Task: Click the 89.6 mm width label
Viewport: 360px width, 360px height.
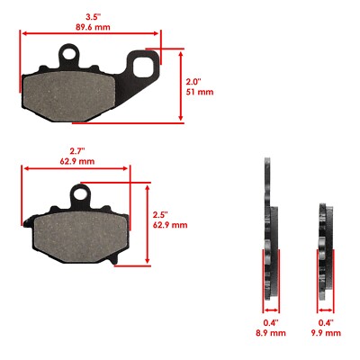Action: tap(92, 28)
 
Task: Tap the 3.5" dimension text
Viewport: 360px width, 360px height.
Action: tap(92, 15)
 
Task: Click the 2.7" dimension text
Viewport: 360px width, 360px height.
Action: tap(78, 150)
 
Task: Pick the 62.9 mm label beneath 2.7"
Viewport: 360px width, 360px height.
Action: tap(78, 162)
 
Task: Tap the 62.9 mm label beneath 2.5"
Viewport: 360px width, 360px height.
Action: tap(169, 226)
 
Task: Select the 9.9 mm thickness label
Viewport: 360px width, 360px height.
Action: tap(328, 333)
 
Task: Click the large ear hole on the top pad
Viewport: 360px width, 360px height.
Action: tap(145, 65)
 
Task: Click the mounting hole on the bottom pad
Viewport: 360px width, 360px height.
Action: tap(84, 193)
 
